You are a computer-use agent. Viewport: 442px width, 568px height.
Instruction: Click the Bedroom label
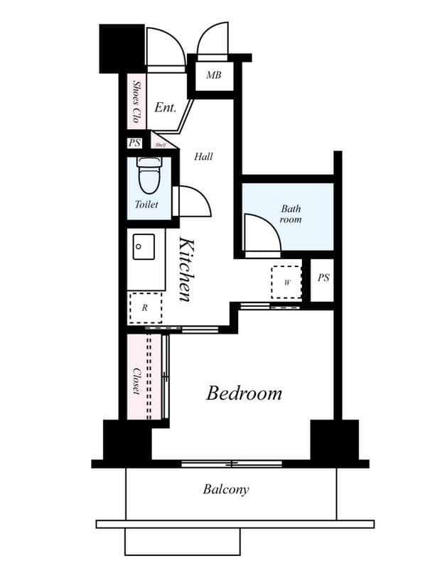(244, 393)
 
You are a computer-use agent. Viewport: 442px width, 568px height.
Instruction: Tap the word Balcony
(226, 489)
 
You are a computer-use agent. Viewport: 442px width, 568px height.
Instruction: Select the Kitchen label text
(186, 269)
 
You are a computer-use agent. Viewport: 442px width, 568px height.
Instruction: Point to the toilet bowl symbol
(149, 176)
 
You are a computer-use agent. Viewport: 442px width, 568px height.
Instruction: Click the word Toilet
(146, 204)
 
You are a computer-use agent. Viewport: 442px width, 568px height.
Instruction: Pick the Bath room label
(290, 214)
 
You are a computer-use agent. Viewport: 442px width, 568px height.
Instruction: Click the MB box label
(213, 75)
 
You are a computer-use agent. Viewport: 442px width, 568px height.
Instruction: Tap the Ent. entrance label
(165, 108)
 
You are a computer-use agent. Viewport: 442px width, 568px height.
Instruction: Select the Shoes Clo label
(136, 101)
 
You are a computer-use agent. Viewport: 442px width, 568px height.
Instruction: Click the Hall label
(204, 156)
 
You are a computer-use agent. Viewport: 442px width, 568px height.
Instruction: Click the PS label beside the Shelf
(135, 143)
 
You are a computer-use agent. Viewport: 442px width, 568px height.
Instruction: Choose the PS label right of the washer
(323, 278)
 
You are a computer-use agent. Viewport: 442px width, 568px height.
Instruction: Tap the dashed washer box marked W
(287, 282)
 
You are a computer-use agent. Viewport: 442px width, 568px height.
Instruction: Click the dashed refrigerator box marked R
(145, 307)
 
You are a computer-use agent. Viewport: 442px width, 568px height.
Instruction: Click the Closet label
(136, 381)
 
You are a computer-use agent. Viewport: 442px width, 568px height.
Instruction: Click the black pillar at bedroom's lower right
(335, 440)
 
